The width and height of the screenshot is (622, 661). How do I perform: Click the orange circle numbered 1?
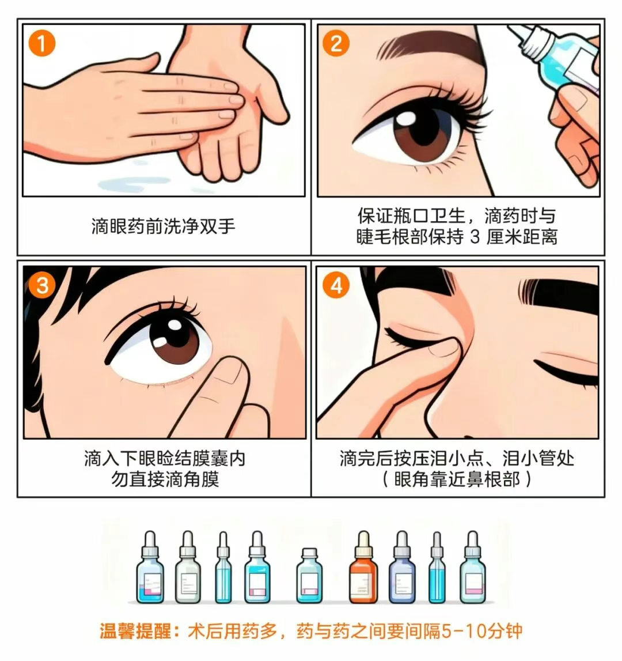point(42,44)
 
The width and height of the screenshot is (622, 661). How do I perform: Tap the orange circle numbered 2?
point(336,44)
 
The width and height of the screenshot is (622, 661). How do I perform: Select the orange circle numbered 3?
point(42,285)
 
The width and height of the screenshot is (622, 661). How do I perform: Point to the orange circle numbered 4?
point(336,285)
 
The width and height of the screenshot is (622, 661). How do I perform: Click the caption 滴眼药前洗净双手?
point(164,226)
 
